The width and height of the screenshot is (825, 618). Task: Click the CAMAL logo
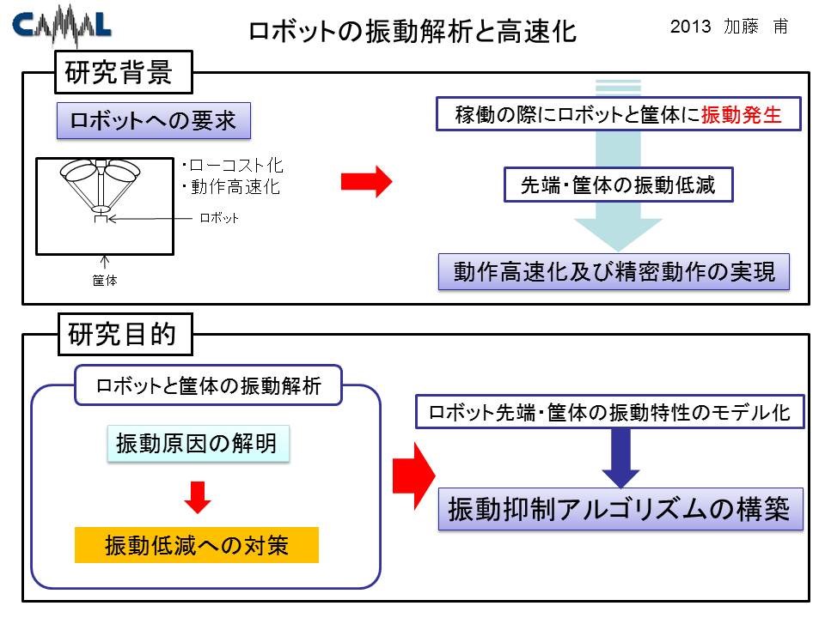(62, 25)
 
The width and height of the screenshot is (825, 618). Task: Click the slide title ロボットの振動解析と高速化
(412, 31)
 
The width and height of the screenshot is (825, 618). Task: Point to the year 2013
(690, 27)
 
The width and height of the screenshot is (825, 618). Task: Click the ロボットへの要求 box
(154, 121)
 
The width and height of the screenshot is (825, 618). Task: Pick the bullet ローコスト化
(233, 166)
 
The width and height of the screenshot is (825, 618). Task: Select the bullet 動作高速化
(231, 186)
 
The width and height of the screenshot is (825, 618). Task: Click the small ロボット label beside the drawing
(219, 218)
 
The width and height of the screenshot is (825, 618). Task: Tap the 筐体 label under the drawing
(105, 281)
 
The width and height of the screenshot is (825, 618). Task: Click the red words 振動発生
(742, 114)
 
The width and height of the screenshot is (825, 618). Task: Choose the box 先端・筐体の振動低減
(618, 185)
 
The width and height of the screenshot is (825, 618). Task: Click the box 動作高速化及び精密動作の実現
(614, 272)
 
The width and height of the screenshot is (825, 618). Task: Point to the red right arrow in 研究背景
(366, 182)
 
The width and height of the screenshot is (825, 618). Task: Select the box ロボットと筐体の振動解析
(208, 385)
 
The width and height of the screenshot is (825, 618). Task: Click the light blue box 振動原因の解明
(198, 444)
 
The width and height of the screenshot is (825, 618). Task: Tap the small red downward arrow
(198, 497)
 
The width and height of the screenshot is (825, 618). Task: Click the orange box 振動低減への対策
(197, 545)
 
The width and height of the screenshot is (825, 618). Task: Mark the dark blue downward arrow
(620, 457)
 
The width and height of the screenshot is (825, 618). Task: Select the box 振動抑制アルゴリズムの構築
(620, 509)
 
